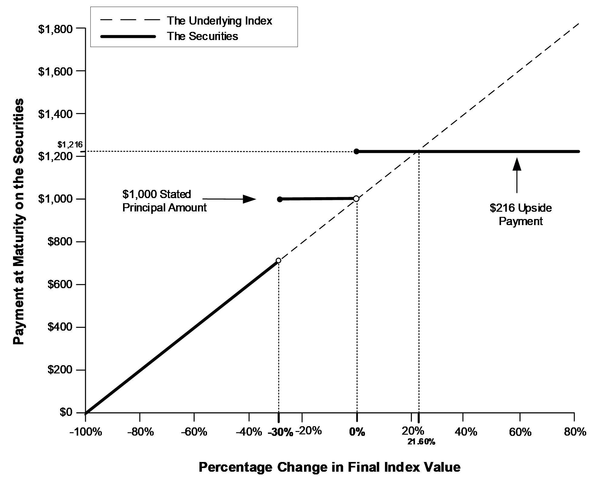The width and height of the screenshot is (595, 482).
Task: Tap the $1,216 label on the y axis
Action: [x=70, y=144]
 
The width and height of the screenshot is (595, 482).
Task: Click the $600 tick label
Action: [x=60, y=285]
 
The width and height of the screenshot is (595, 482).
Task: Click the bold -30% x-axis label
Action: [x=281, y=432]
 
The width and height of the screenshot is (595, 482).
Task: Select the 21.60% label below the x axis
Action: [x=421, y=442]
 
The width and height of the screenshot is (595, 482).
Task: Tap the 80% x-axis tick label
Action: [x=575, y=432]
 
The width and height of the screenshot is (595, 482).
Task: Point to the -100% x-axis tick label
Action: [x=85, y=432]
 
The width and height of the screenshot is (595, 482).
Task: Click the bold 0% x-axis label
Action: [x=357, y=432]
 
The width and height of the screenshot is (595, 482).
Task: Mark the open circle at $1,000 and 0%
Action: [x=356, y=199]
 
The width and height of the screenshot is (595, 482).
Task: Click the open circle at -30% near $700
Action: [x=279, y=260]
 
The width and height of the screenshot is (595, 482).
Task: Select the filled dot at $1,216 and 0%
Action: [x=357, y=151]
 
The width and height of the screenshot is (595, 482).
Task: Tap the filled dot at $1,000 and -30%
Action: [x=280, y=199]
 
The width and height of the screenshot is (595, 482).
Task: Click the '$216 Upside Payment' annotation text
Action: [x=521, y=214]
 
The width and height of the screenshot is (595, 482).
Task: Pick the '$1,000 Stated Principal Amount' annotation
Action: [x=165, y=201]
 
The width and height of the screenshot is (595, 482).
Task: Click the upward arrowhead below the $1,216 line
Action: [x=517, y=164]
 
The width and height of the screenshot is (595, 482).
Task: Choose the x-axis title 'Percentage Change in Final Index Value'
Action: [x=329, y=467]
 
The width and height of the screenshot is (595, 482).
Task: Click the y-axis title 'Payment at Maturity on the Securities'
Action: [x=19, y=222]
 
